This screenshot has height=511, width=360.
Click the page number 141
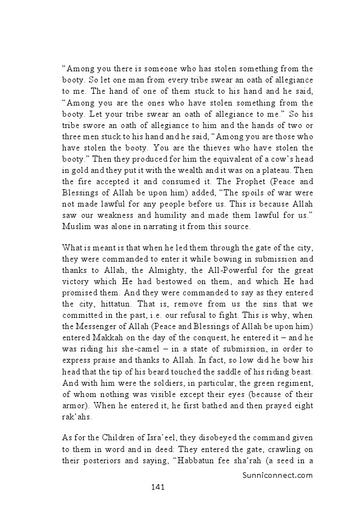click(157, 486)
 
